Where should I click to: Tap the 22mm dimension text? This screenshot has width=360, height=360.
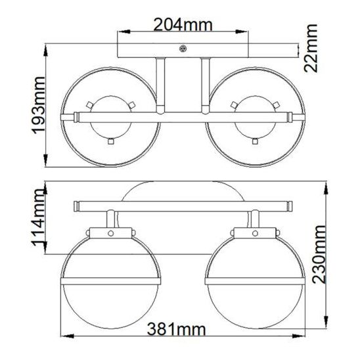pyautogui.click(x=311, y=48)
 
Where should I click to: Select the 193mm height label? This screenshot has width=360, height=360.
pyautogui.click(x=38, y=105)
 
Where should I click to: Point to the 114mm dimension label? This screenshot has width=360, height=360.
pyautogui.click(x=38, y=217)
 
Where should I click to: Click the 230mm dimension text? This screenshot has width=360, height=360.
pyautogui.click(x=319, y=254)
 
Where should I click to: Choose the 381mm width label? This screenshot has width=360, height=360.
pyautogui.click(x=176, y=329)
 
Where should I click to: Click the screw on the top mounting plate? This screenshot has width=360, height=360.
pyautogui.click(x=183, y=49)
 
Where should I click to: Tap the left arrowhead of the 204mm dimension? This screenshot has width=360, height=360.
pyautogui.click(x=124, y=32)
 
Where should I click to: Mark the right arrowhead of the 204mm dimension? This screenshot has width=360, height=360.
pyautogui.click(x=242, y=32)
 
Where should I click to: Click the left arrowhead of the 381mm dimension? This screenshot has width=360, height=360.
pyautogui.click(x=68, y=336)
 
